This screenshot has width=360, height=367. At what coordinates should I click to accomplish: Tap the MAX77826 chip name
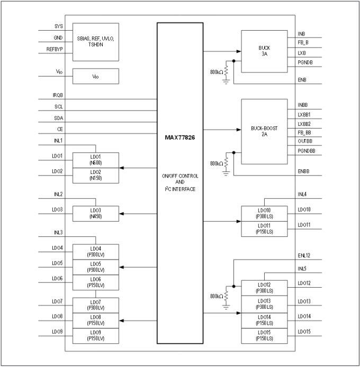(180, 137)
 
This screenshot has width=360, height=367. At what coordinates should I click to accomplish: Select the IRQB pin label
(58, 95)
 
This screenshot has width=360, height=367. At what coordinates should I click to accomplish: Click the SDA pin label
(58, 117)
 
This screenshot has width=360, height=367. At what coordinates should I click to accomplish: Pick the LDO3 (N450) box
(95, 213)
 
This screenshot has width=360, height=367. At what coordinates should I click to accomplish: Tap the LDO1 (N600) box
(95, 159)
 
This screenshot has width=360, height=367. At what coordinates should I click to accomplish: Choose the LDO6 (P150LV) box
(95, 282)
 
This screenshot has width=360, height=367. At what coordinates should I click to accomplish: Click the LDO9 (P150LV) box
(95, 335)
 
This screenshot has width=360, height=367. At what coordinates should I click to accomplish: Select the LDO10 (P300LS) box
(264, 213)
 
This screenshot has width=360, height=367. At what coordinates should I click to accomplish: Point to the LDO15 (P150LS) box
(264, 335)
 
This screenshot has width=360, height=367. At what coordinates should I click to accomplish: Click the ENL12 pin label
(304, 255)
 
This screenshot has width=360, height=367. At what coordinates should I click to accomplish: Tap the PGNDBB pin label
(307, 152)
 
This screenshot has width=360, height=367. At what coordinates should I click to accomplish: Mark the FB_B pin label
(303, 43)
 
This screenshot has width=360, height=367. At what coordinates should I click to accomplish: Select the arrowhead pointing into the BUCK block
(238, 51)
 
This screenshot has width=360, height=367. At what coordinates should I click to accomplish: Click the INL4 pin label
(302, 194)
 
